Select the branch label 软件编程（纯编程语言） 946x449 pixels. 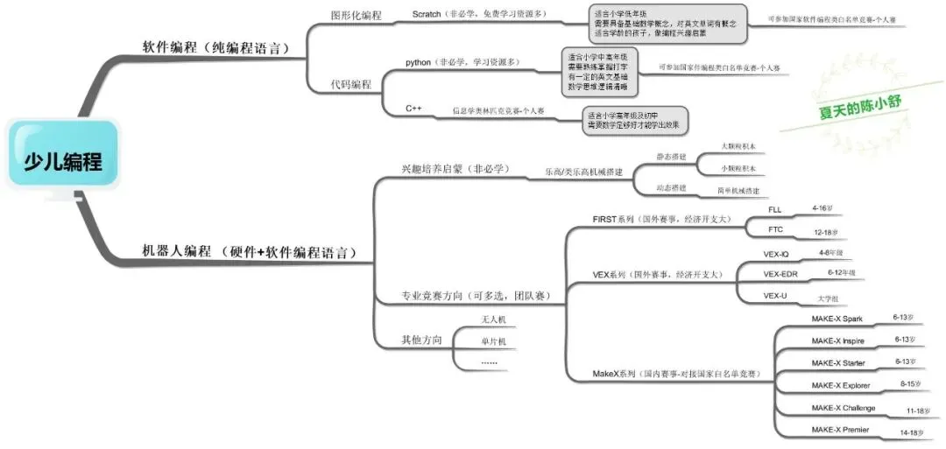click(215, 47)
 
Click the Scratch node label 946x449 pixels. click(427, 14)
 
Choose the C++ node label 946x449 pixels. click(414, 108)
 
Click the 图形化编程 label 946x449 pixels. click(357, 15)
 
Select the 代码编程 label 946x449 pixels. click(350, 85)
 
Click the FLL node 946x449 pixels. click(775, 210)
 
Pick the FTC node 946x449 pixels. click(775, 230)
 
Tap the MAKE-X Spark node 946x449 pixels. click(837, 319)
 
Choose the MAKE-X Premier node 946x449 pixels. click(840, 430)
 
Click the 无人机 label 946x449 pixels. click(494, 321)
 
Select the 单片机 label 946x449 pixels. click(494, 341)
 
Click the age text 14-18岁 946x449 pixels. click(909, 432)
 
